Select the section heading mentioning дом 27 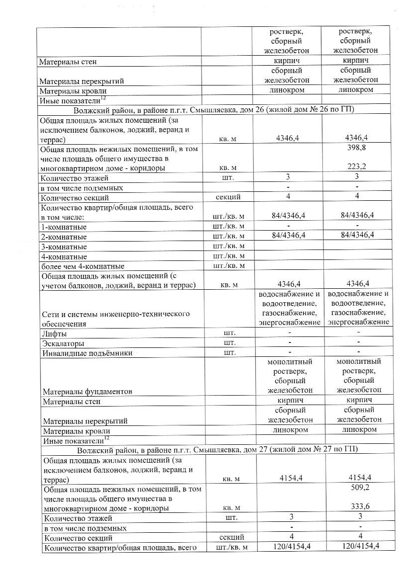(x=217, y=449)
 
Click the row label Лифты (x=54, y=333)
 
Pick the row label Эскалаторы (x=63, y=343)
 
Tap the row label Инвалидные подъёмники (x=83, y=353)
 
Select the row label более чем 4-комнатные (x=83, y=266)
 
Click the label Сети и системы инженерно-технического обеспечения (x=116, y=319)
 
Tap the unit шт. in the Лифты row (x=229, y=333)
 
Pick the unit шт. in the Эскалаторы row (x=229, y=343)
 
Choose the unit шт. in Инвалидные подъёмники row (x=229, y=353)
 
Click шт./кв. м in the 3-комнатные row (x=229, y=247)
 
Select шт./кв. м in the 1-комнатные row (x=229, y=227)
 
